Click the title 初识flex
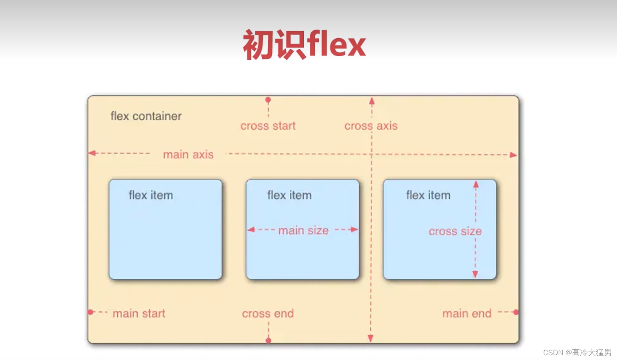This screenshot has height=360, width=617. pos(304,45)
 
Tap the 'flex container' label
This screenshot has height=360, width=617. pos(146,116)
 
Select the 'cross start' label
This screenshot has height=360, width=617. pos(268,126)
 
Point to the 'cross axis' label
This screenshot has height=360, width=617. pos(371,126)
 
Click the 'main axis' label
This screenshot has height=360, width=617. pos(188,154)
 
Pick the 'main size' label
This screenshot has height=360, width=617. pos(303,230)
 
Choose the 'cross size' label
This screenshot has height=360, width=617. pos(455,231)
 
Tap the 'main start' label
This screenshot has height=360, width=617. pos(138,313)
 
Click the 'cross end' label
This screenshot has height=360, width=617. pos(268,313)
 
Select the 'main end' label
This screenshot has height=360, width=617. pos(467,313)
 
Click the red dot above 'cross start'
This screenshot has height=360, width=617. pos(268,99)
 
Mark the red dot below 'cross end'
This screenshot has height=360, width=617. pos(268,340)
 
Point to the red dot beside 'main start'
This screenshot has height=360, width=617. pos(91,312)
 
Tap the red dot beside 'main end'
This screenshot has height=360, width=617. pos(516,312)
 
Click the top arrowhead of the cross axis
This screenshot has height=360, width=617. pos(372,101)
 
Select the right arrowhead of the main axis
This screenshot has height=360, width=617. pos(513,155)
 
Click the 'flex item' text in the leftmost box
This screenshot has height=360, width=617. pos(150,195)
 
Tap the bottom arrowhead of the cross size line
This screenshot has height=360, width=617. pos(475,274)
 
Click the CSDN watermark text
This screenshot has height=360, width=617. pos(577,352)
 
